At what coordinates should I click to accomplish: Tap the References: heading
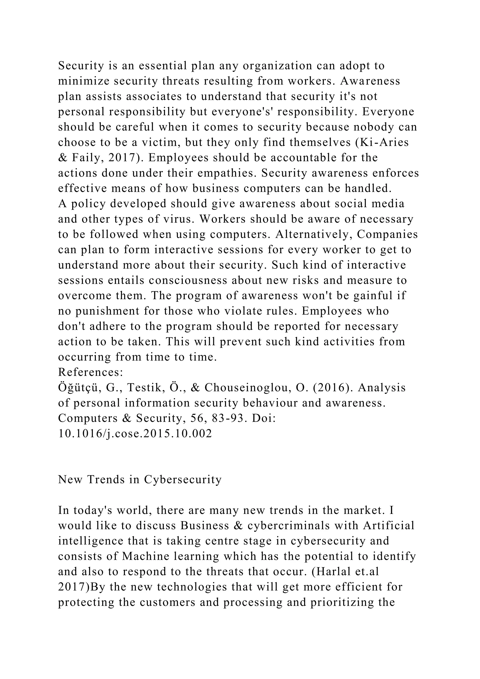[x=90, y=372]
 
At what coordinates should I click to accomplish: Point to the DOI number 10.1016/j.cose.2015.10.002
[x=135, y=434]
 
